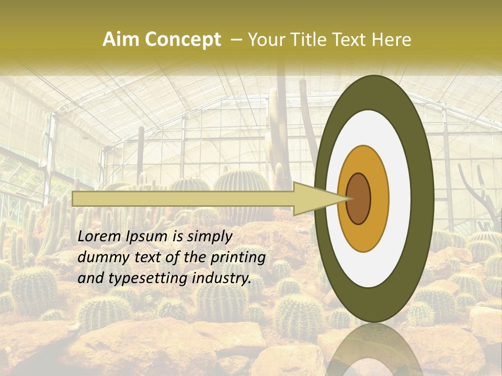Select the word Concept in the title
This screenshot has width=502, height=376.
182,40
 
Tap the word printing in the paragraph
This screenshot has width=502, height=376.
237,258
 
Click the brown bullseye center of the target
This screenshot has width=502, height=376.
358,198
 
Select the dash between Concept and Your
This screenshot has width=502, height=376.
236,40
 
